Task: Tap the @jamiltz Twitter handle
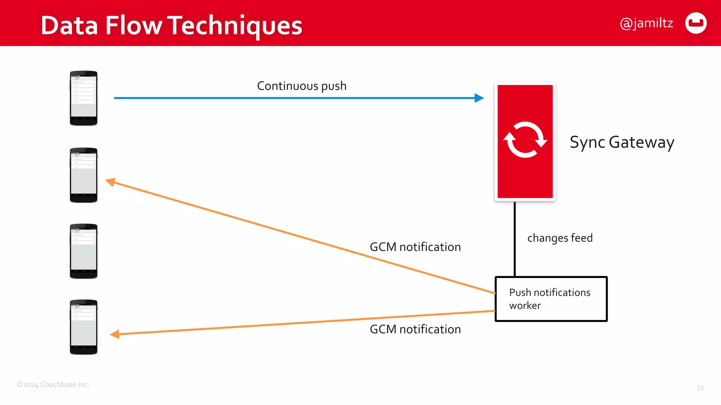(646, 23)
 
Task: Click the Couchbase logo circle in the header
(696, 23)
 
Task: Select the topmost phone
(83, 98)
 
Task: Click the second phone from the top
(83, 175)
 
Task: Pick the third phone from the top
(83, 251)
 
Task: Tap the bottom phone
(83, 327)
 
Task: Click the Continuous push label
(302, 86)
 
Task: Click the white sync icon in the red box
(525, 140)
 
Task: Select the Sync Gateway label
(622, 142)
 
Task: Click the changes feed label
(560, 238)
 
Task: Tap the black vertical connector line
(515, 239)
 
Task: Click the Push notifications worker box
(551, 299)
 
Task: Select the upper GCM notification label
(415, 247)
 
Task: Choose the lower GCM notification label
(415, 329)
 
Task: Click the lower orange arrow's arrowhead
(115, 334)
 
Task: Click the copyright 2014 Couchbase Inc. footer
(53, 384)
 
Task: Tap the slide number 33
(700, 388)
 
